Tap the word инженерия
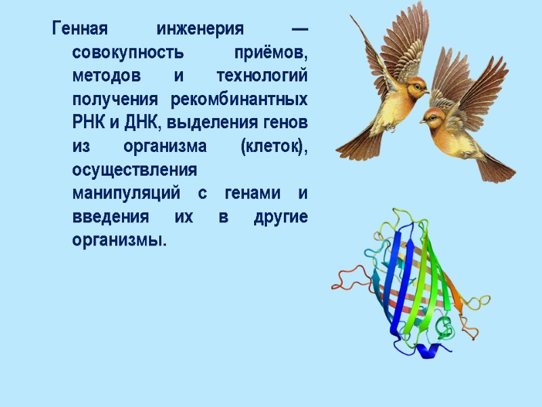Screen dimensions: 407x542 tap(200, 29)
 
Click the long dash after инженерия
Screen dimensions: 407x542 tap(299, 29)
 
